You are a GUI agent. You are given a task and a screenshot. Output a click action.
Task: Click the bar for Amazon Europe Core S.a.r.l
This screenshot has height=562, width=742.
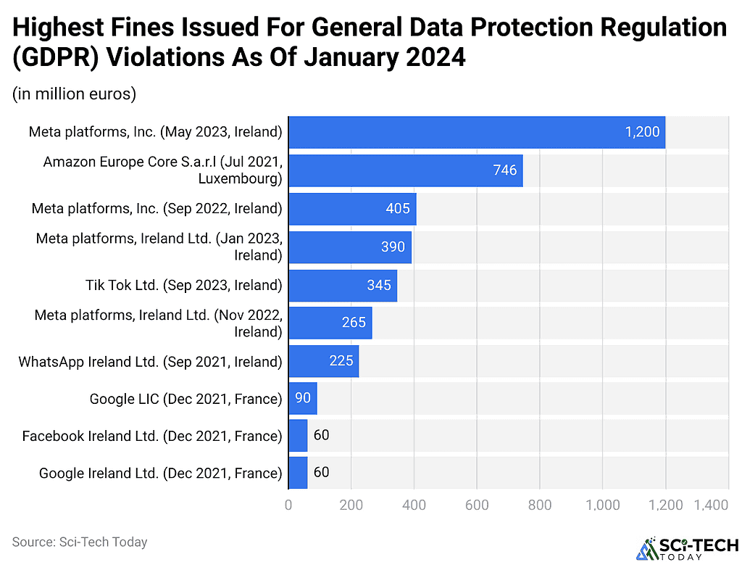406,170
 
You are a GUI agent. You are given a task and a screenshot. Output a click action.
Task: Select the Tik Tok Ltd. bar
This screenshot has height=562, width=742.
343,285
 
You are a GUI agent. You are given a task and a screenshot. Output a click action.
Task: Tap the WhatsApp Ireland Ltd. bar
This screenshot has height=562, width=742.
324,361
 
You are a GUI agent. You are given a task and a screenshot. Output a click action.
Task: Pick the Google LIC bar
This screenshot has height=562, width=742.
303,398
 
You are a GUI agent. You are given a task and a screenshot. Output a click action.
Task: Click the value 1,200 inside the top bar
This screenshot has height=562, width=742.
642,132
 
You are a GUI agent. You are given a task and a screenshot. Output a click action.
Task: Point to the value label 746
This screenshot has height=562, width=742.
504,170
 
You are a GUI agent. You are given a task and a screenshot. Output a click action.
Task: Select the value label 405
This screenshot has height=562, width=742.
399,209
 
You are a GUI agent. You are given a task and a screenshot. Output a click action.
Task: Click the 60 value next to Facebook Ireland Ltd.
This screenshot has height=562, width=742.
321,436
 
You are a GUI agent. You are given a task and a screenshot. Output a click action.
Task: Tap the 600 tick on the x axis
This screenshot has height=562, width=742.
477,505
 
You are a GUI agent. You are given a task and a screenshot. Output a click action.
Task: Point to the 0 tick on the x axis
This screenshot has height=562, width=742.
289,505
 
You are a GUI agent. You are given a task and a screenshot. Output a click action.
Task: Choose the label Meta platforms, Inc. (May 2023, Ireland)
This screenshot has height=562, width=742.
155,132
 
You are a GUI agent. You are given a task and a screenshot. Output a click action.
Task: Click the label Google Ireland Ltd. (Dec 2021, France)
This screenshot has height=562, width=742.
160,474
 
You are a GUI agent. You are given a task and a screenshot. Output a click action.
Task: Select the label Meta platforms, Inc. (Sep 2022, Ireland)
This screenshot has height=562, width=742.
157,209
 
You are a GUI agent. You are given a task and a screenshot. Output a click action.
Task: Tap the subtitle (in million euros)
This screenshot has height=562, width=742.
74,94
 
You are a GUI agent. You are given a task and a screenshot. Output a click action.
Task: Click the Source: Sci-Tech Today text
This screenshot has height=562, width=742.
80,542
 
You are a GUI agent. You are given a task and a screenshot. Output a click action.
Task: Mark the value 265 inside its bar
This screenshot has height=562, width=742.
354,323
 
